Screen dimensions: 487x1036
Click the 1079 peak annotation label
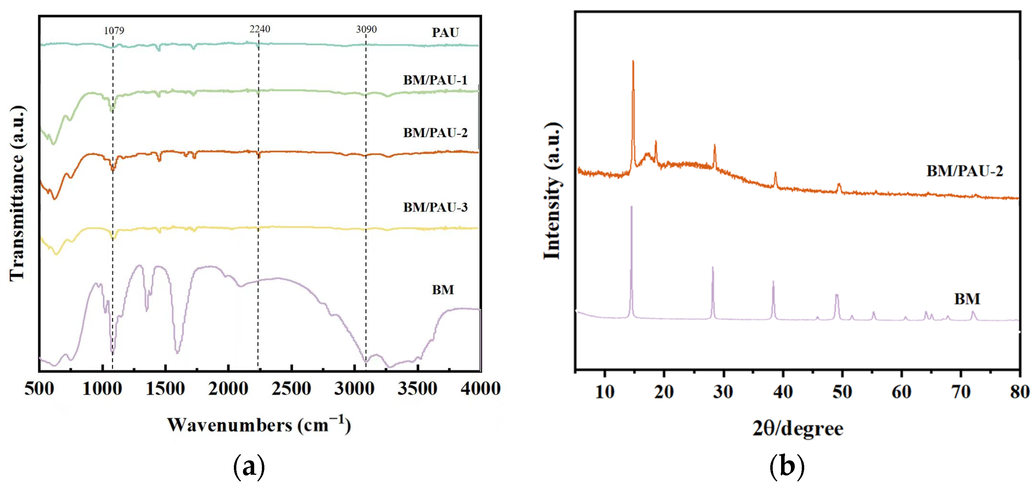tap(114, 30)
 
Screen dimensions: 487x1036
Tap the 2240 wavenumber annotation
tap(259, 29)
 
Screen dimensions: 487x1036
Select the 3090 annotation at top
tap(366, 29)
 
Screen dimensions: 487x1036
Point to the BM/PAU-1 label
tap(435, 80)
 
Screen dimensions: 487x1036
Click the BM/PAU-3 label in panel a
tap(435, 207)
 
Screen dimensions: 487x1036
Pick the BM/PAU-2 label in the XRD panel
tap(965, 171)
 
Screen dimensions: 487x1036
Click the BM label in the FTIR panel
tap(443, 290)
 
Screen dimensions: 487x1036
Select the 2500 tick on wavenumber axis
tap(291, 389)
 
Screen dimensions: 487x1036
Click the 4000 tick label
tap(480, 389)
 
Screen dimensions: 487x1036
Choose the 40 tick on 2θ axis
tap(783, 392)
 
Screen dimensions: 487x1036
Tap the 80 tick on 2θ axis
tap(1020, 392)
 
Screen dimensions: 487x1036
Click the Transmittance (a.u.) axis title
tap(17, 193)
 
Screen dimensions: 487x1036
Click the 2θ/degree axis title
tap(798, 428)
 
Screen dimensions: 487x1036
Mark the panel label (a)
tap(249, 466)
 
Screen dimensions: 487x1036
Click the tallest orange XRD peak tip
tap(633, 61)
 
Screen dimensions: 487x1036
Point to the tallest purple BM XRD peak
tap(631, 206)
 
